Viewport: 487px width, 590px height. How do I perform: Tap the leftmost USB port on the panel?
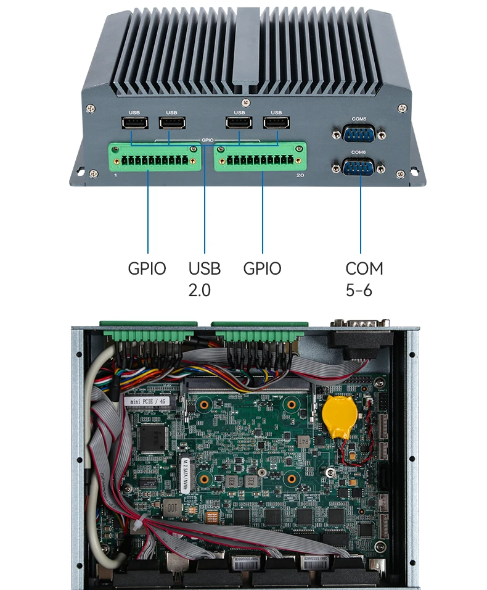pyautogui.click(x=134, y=123)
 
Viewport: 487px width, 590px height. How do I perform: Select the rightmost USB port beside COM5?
pyautogui.click(x=276, y=123)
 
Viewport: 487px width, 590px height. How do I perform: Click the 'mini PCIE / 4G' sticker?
pyautogui.click(x=146, y=401)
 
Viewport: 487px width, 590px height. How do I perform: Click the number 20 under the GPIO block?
pyautogui.click(x=300, y=176)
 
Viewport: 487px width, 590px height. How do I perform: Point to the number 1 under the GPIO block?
pyautogui.click(x=115, y=176)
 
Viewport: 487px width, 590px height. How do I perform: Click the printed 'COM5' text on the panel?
pyautogui.click(x=358, y=118)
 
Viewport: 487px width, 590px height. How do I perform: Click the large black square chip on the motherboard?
pyautogui.click(x=153, y=437)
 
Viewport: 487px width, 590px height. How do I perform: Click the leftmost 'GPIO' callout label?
pyautogui.click(x=147, y=268)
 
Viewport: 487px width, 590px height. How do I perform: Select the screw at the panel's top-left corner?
pyautogui.click(x=91, y=109)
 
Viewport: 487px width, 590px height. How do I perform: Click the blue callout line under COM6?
pyautogui.click(x=360, y=216)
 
